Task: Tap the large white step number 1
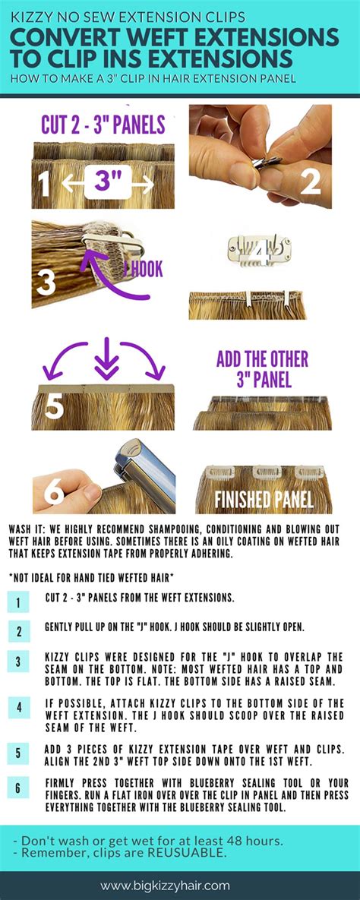point(43,183)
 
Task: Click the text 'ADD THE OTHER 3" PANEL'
point(262,369)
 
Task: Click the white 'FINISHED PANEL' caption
point(264,500)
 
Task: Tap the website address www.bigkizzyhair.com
point(180,886)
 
